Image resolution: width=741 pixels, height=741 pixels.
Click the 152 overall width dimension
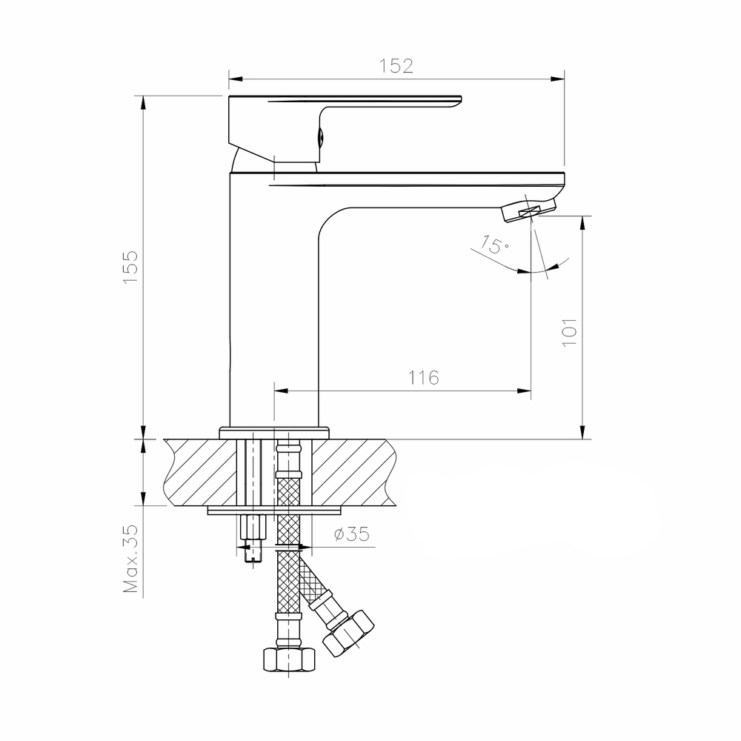[397, 65]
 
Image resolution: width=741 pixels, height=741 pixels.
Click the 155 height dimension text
[130, 265]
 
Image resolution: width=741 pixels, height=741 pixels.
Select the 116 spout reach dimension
[423, 377]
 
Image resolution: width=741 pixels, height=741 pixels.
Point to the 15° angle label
[493, 245]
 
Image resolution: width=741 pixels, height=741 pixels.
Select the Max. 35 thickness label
[132, 559]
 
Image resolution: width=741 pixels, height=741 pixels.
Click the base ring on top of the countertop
[273, 431]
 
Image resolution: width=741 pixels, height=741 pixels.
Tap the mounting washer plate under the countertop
[274, 510]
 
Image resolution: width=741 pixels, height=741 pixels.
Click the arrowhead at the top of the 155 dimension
[142, 102]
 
